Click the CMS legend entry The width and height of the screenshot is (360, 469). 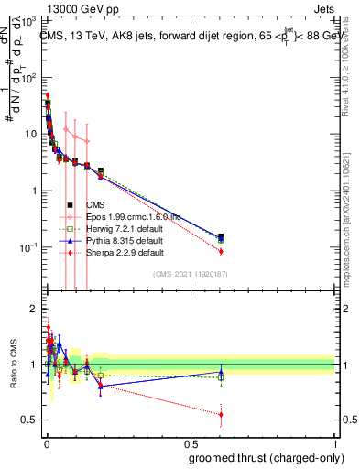tap(100, 205)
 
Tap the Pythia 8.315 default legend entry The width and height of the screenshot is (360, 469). tap(125, 240)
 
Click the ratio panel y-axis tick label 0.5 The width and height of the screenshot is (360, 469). tap(28, 420)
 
